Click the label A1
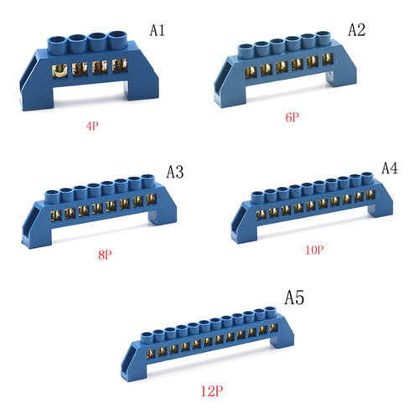point(158,30)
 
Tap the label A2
point(356,30)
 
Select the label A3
point(175,172)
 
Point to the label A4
point(390,168)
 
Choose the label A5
point(294,297)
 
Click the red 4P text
point(92,126)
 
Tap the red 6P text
point(292,117)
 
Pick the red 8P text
point(105,255)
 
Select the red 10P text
point(314,250)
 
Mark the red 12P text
point(212,391)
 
